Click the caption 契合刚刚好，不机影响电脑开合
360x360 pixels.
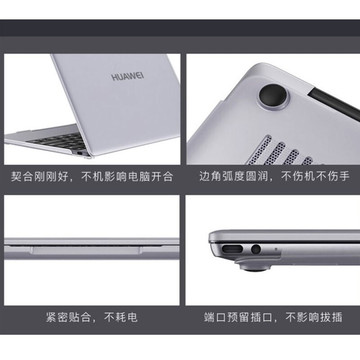tap(92, 176)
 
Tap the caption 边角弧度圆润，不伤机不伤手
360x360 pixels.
tap(274, 176)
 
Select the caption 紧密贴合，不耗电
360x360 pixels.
tap(92, 318)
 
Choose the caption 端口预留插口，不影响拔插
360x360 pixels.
tap(273, 318)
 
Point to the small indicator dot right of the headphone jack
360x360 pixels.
tap(275, 247)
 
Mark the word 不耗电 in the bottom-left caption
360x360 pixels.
tap(121, 318)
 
